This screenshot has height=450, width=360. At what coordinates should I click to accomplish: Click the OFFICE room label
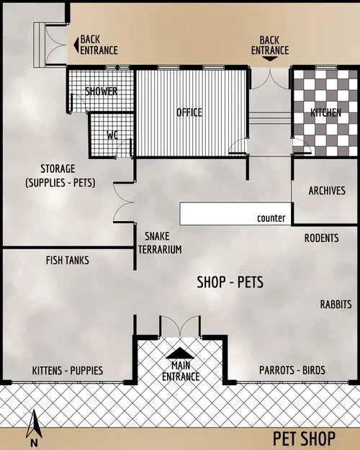click(189, 112)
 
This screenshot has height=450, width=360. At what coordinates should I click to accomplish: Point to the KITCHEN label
click(325, 114)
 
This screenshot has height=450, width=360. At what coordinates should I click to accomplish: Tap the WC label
click(112, 135)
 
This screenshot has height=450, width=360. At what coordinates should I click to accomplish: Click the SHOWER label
click(102, 91)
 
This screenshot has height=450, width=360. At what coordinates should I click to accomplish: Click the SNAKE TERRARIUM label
click(162, 243)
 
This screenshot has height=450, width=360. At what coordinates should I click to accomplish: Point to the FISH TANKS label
click(67, 260)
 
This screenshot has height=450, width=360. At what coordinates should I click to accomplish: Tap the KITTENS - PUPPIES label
click(68, 371)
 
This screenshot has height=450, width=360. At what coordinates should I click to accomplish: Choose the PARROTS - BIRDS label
click(292, 371)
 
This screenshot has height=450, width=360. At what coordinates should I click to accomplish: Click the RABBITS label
click(336, 305)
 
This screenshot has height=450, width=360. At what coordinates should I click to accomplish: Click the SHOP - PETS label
click(230, 283)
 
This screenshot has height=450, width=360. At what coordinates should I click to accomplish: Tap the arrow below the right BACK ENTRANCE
click(269, 60)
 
